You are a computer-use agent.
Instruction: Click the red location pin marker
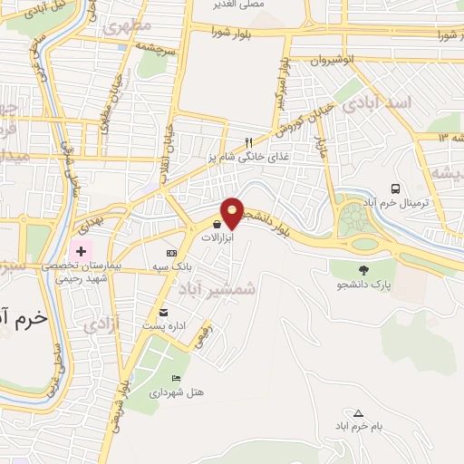(233, 212)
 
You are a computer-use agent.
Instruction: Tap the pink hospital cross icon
(82, 250)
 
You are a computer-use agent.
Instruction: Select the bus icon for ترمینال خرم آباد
(395, 188)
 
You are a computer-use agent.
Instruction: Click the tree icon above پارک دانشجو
(363, 269)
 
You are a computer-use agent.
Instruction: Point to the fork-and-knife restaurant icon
(248, 142)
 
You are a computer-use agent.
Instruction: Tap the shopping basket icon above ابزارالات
(217, 224)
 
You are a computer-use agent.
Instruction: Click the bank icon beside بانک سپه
(172, 253)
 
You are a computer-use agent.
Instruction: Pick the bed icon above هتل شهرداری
(176, 378)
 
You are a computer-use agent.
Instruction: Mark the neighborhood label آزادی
(101, 324)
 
